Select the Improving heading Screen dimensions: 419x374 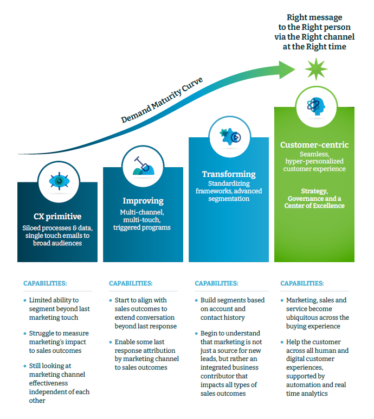(143, 201)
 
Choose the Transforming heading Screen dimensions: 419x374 (229, 174)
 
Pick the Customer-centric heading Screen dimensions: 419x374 (314, 145)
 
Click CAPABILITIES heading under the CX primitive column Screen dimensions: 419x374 (46, 283)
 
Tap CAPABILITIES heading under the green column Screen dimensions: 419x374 (302, 283)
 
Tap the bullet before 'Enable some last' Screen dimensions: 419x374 (110, 342)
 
